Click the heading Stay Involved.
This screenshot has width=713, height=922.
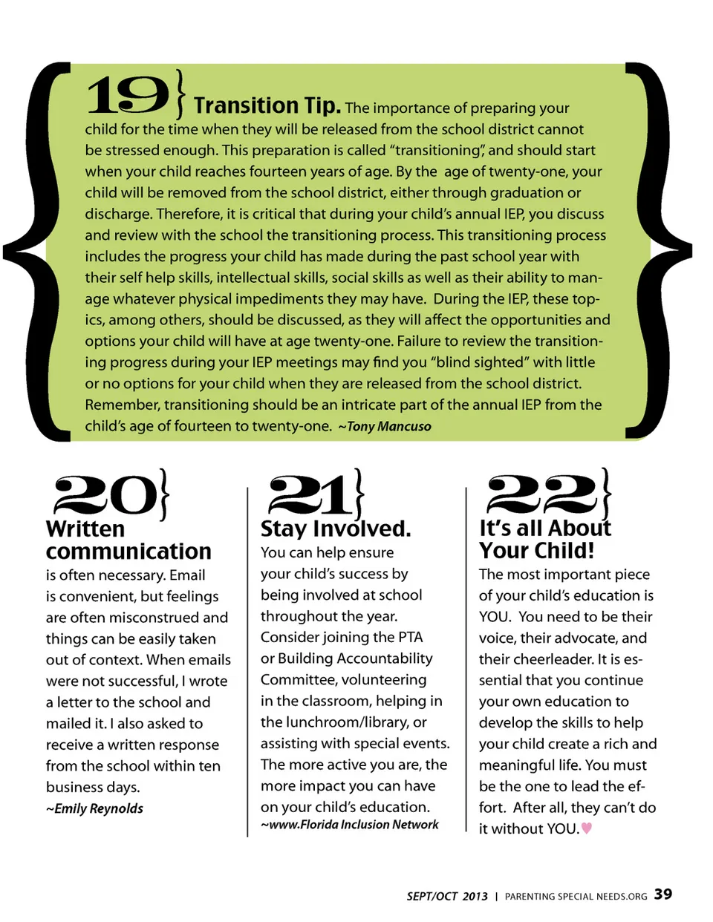point(335,529)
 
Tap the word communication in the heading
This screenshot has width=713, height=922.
point(128,552)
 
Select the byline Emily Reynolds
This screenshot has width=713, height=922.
point(95,808)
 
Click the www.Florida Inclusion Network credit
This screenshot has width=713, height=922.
point(350,825)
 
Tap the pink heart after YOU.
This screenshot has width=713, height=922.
point(587,828)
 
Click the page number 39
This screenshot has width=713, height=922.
point(663,894)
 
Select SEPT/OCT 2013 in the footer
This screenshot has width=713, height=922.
point(446,896)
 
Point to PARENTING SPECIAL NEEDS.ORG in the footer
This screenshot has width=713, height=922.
point(576,897)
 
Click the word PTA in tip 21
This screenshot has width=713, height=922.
point(410,637)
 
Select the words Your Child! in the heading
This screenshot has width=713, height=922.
point(536,551)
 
